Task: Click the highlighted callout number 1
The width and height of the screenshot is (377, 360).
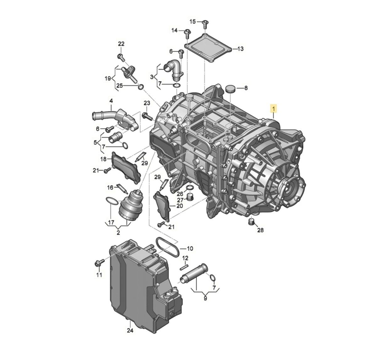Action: pos(273,109)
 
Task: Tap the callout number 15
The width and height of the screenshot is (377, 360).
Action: pos(192,21)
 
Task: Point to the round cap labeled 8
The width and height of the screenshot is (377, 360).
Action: pos(230,89)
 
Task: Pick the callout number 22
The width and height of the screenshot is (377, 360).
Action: pos(121,44)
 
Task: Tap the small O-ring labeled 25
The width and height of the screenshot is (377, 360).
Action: pos(141,87)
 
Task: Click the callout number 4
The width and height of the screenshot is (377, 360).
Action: pos(111,101)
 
